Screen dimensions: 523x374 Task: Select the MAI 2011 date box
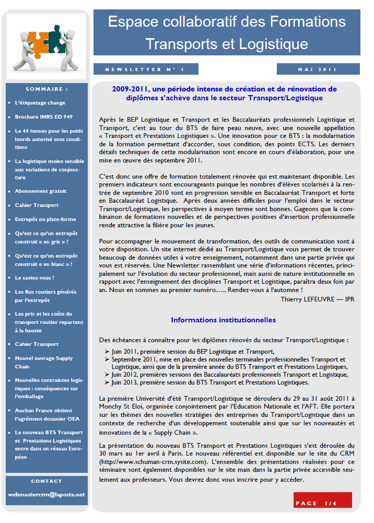coord(318,69)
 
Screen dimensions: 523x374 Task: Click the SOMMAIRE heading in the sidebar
coord(46,89)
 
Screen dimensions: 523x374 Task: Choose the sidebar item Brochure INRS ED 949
coord(44,117)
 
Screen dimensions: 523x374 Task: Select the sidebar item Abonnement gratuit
coord(41,191)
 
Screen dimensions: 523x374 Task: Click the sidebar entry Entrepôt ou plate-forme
coord(45,219)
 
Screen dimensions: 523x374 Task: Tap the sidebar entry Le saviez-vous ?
coord(35,278)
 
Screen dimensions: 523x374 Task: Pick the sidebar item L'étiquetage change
coord(40,103)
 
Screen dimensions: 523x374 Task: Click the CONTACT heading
coord(46,481)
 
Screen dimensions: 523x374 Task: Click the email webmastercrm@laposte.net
coord(46,494)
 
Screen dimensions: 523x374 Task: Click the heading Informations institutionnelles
coord(223,320)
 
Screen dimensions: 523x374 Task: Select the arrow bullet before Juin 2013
coord(107,382)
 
